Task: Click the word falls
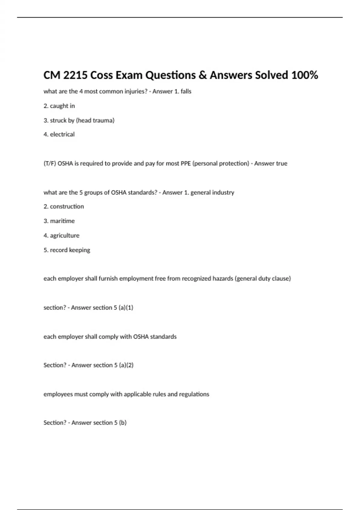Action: tap(186, 91)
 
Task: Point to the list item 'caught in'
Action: tap(62, 106)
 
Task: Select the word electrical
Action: tap(62, 134)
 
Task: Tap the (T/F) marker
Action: tap(49, 163)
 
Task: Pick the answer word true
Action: tap(281, 163)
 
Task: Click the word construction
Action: tap(67, 206)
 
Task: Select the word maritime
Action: tap(62, 221)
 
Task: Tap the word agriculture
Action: tap(64, 235)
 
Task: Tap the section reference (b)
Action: tap(123, 423)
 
